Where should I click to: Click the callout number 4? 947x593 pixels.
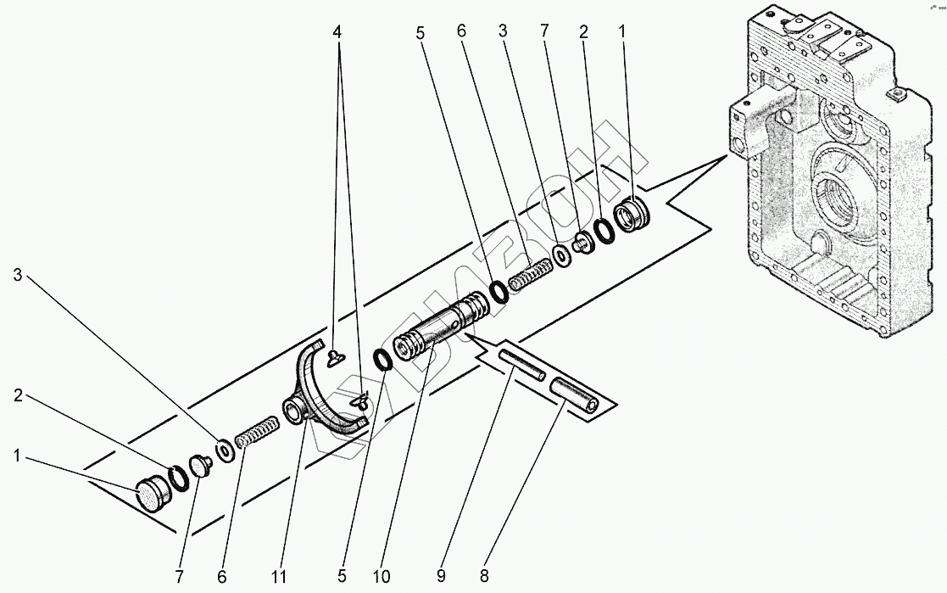pos(338,31)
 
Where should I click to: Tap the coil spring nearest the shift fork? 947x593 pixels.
pos(255,430)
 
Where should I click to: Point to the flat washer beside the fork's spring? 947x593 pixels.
pos(225,449)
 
